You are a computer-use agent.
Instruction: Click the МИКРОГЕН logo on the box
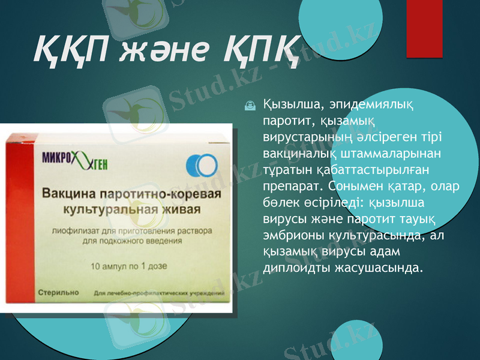[79, 159]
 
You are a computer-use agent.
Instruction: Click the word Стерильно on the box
[58, 292]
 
